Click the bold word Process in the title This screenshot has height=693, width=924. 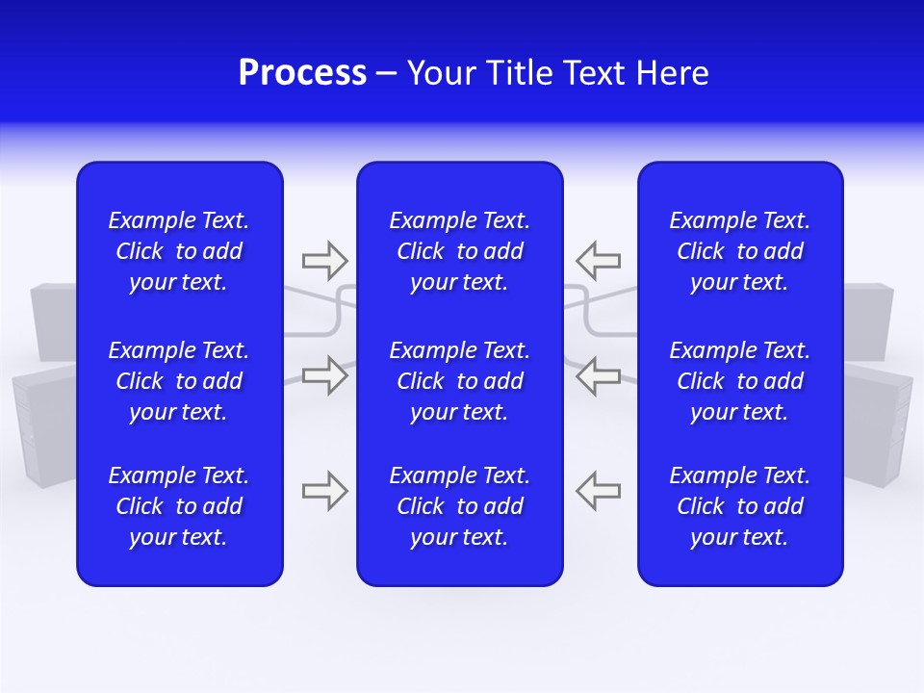(302, 73)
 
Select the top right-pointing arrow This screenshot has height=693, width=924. (324, 260)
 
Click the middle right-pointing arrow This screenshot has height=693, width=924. (324, 375)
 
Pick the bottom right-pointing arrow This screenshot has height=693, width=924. (324, 491)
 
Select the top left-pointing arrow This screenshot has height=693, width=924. (599, 260)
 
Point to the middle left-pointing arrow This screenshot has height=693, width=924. (599, 375)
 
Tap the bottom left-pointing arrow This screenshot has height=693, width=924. (599, 491)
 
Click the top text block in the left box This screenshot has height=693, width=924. (179, 251)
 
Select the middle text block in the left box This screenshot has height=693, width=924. (179, 381)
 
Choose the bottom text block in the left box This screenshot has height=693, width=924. (179, 506)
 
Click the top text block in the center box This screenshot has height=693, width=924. (459, 251)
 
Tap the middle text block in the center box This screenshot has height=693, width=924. (459, 381)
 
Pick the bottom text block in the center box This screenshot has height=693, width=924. (459, 506)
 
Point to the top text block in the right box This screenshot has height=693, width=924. (739, 251)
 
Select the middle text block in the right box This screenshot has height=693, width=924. (739, 381)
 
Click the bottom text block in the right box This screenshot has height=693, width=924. (739, 506)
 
